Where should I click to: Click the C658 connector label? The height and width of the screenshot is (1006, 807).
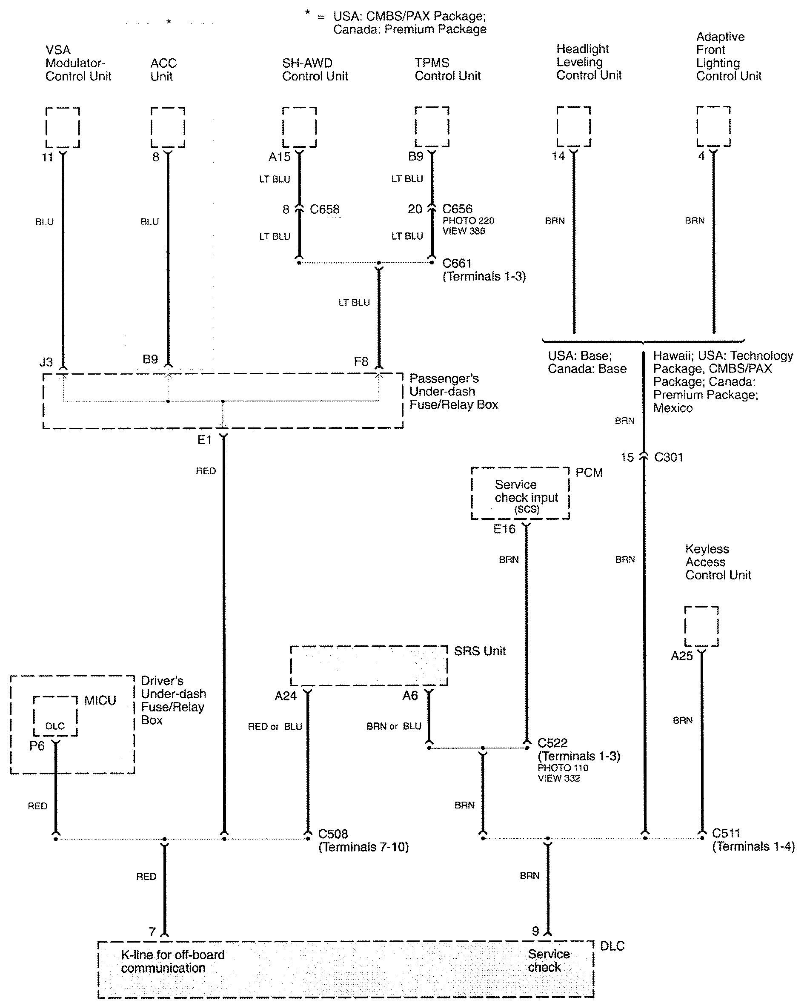[x=325, y=209]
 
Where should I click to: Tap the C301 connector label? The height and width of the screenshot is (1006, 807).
[x=669, y=457]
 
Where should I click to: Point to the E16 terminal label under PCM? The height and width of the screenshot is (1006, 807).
[x=504, y=529]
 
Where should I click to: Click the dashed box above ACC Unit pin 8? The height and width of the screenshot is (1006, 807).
[x=168, y=127]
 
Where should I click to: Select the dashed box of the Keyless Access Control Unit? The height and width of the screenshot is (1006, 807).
[x=701, y=626]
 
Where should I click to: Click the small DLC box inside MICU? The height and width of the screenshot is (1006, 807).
[x=55, y=716]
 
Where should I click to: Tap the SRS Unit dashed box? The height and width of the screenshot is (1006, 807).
[x=369, y=665]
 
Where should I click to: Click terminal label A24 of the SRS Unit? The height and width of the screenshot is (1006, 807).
[x=286, y=696]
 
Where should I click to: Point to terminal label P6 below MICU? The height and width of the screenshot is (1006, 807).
[x=37, y=745]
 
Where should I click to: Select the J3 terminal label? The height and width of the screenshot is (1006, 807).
[x=46, y=361]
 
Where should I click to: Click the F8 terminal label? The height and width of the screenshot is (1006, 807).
[x=361, y=361]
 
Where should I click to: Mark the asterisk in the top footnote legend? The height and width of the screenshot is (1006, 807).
[x=307, y=13]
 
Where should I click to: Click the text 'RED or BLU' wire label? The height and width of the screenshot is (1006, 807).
[x=275, y=726]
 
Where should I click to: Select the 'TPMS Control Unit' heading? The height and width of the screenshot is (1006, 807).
[x=447, y=69]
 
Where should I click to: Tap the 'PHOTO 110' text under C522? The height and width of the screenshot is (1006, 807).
[x=563, y=768]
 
